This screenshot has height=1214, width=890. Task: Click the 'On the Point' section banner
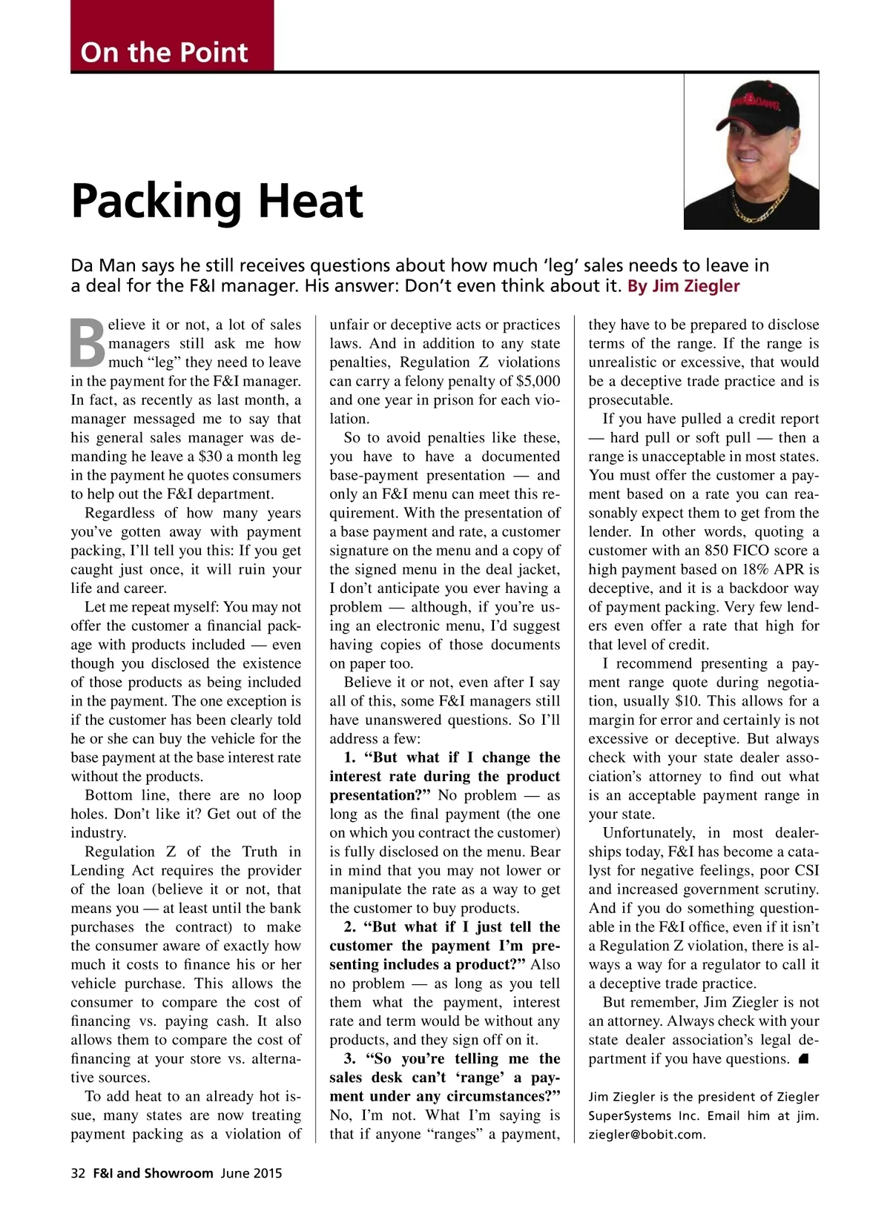pyautogui.click(x=164, y=52)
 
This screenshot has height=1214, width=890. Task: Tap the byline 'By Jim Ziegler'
pyautogui.click(x=683, y=286)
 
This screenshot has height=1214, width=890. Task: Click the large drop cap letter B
pyautogui.click(x=88, y=344)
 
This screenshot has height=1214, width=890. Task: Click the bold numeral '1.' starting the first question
pyautogui.click(x=350, y=757)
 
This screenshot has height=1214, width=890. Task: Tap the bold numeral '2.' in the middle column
pyautogui.click(x=350, y=926)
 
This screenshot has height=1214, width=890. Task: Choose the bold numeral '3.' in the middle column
pyautogui.click(x=350, y=1058)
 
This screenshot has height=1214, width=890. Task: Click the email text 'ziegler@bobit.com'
pyautogui.click(x=647, y=1134)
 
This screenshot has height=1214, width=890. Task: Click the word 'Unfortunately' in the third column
pyautogui.click(x=648, y=833)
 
